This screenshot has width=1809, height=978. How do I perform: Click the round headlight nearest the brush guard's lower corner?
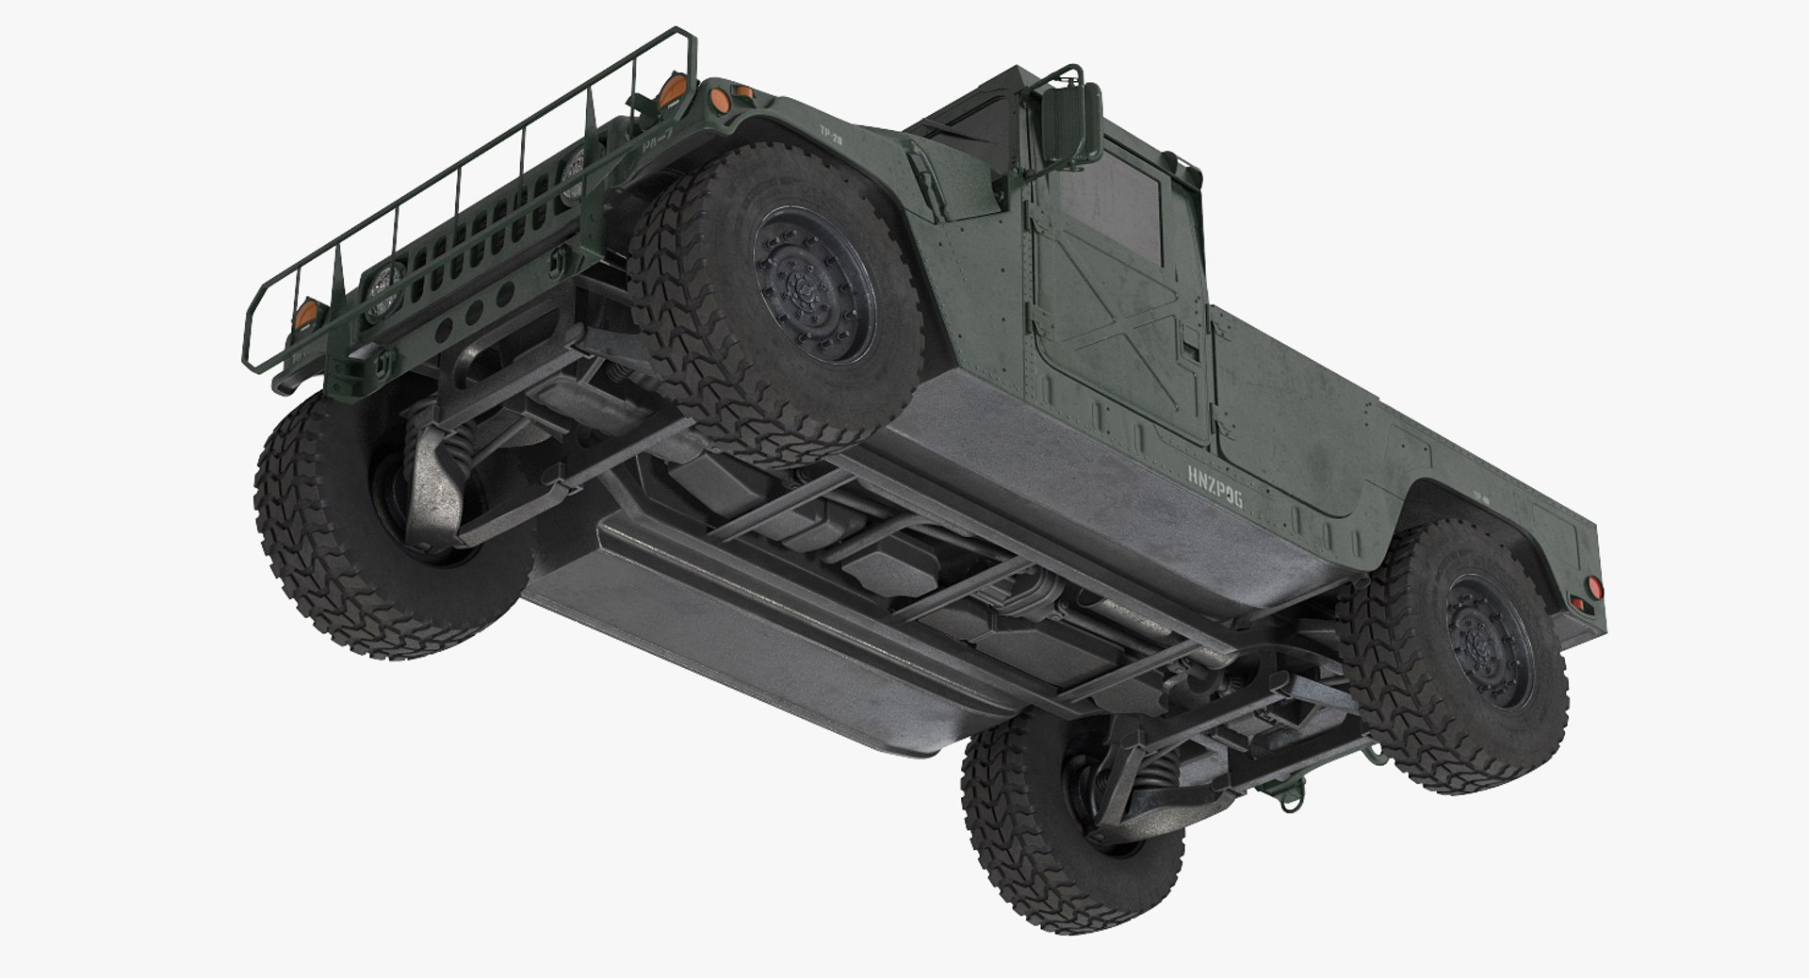pyautogui.click(x=383, y=281)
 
